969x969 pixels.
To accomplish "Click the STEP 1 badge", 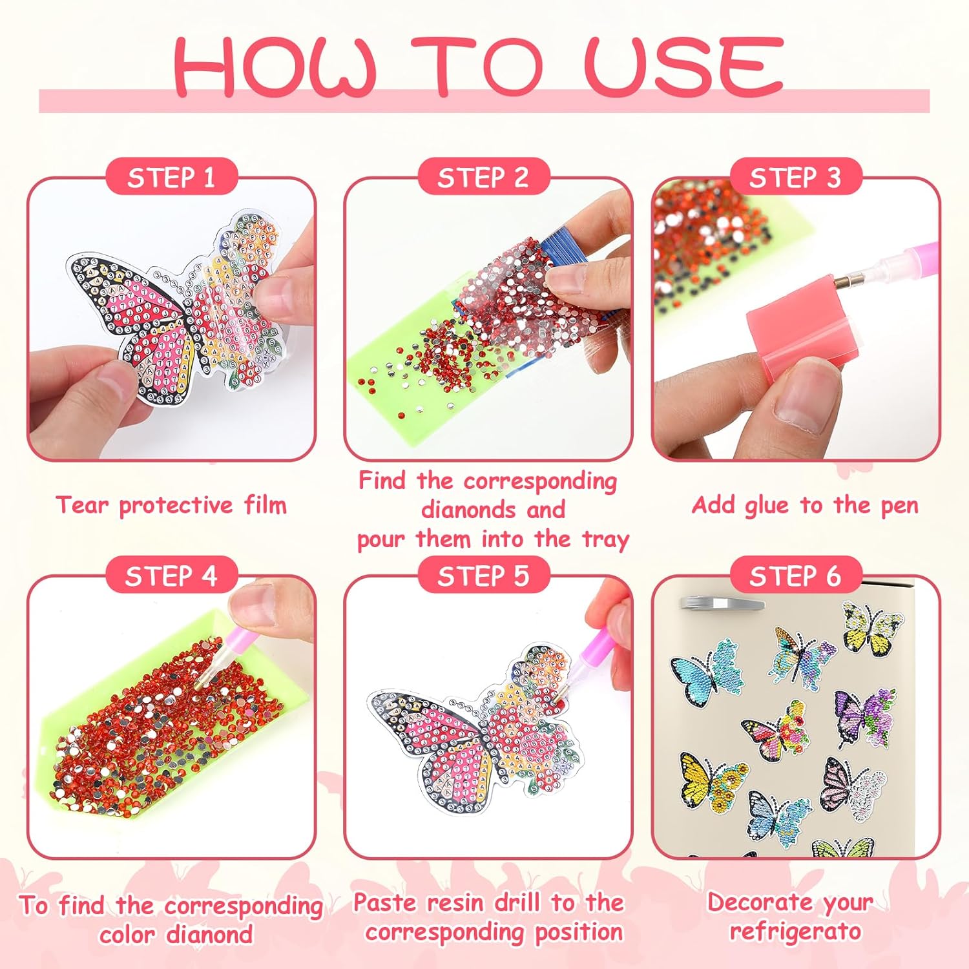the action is pyautogui.click(x=171, y=176).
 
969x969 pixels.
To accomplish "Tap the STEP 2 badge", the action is pyautogui.click(x=483, y=176).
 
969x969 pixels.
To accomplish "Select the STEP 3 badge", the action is pyautogui.click(x=795, y=176).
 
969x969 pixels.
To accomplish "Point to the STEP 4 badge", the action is pyautogui.click(x=171, y=575).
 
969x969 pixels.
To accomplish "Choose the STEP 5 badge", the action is pyautogui.click(x=483, y=575).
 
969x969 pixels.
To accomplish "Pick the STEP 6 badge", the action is pyautogui.click(x=795, y=575).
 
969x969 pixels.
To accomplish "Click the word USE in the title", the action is pyautogui.click(x=683, y=66).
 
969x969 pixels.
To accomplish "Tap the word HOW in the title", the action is pyautogui.click(x=275, y=67).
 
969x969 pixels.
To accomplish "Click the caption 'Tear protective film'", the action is pyautogui.click(x=171, y=505).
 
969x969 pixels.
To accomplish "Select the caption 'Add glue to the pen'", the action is pyautogui.click(x=805, y=505).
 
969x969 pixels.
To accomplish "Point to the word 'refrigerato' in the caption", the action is pyautogui.click(x=795, y=931).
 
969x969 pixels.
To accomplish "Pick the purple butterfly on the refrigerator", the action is pyautogui.click(x=866, y=716).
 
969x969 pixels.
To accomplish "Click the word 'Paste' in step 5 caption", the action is pyautogui.click(x=385, y=902).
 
